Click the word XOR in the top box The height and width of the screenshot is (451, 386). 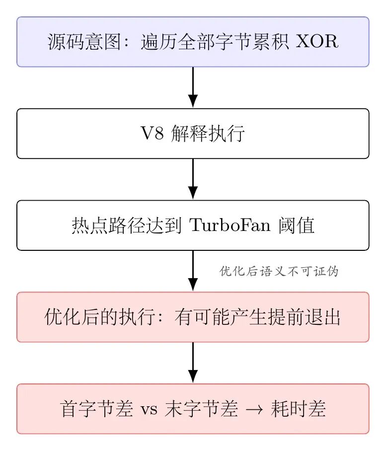[317, 42]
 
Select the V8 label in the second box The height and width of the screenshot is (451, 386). [152, 133]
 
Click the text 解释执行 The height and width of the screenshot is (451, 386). [208, 134]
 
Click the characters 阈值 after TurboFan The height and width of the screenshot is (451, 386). [296, 225]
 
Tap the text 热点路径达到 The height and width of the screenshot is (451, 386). [127, 225]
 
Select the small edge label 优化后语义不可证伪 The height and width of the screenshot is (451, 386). [279, 271]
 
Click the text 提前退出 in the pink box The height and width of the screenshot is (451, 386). [304, 317]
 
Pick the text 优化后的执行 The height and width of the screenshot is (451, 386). [100, 317]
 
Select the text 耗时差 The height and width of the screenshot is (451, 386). [298, 409]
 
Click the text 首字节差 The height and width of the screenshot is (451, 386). [97, 409]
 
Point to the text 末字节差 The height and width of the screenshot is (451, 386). [201, 409]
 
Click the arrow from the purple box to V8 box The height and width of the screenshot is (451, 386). [193, 87]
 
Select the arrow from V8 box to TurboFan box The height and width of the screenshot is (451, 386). [193, 179]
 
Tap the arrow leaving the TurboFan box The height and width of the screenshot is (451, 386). [193, 271]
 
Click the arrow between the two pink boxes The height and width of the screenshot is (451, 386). [193, 363]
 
